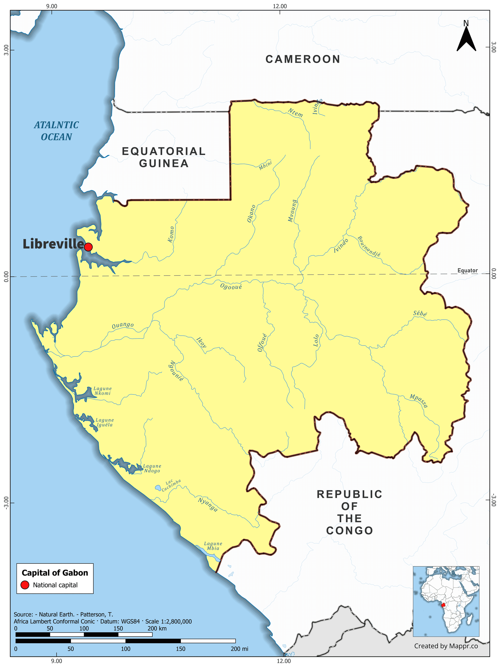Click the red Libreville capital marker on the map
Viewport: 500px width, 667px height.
coord(88,247)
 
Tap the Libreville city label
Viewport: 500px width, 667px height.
coord(53,244)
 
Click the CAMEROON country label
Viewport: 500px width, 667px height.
coord(303,59)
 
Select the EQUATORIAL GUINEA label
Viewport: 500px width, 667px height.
coord(164,157)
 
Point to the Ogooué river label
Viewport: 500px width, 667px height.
coord(231,287)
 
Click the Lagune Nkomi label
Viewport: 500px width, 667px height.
coord(102,391)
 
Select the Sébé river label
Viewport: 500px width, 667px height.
coord(420,313)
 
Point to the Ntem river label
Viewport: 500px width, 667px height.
coord(295,113)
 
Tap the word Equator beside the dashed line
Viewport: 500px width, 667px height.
coord(467,271)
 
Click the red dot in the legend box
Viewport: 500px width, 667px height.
coord(25,585)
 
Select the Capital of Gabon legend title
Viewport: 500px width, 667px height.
coord(55,573)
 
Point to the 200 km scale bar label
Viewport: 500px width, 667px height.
coord(157,628)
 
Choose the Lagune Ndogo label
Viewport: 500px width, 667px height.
coord(152,468)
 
